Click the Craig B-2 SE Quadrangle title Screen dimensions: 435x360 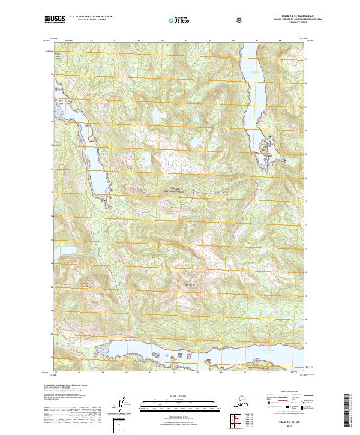(x=277, y=17)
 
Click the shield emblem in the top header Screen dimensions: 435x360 (x=239, y=20)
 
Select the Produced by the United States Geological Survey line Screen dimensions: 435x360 (x=63, y=385)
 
